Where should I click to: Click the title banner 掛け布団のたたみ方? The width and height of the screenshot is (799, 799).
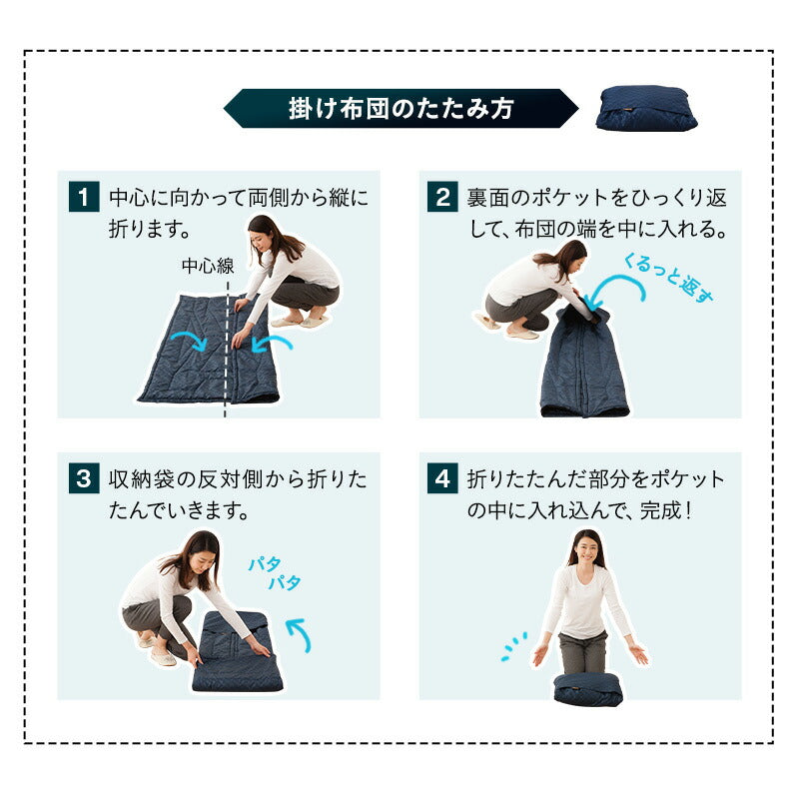coord(401,109)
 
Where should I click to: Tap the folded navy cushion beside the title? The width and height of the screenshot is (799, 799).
coord(646,109)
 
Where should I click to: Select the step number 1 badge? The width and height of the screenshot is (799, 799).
coord(84,197)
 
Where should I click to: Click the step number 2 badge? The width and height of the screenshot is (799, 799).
coord(442,197)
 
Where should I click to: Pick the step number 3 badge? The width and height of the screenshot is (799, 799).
coord(84,478)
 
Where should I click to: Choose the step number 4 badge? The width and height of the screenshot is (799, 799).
coord(442,478)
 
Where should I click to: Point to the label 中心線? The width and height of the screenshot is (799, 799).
coord(208,266)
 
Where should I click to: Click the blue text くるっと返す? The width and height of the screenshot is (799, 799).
coord(668,279)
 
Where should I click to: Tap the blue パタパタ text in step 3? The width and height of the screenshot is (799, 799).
coord(275,573)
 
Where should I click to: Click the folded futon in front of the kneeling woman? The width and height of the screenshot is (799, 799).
coord(588,690)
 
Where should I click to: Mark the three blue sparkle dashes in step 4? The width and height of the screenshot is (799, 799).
coord(513,646)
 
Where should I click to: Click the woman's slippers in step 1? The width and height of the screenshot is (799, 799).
coord(300,322)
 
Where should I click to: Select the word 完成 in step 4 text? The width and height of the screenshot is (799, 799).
coord(660,510)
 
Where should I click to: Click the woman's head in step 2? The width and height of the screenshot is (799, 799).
coord(569,258)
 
